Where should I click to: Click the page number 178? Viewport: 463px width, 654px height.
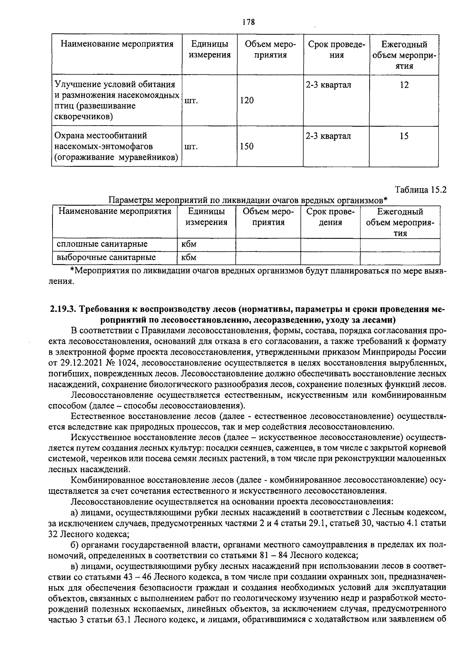[x=248, y=22]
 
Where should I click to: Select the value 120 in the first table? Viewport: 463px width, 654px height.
[x=247, y=101]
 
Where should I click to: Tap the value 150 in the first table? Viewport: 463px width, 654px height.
[x=247, y=146]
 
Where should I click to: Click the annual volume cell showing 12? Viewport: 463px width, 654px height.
[x=404, y=85]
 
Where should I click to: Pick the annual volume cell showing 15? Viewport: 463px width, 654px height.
[x=404, y=136]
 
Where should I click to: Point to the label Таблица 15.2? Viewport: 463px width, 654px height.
[x=420, y=190]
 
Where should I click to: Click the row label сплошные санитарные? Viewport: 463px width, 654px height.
[x=102, y=244]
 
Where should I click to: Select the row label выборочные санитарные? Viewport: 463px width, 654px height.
[x=106, y=257]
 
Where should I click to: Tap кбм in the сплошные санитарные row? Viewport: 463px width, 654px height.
[x=189, y=244]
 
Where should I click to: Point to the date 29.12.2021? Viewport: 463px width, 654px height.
[x=82, y=363]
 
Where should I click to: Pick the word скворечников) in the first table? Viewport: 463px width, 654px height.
[x=84, y=116]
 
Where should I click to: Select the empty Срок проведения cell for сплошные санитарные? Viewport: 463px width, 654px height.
[x=330, y=244]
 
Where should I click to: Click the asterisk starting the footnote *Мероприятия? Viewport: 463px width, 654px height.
[x=72, y=270]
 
